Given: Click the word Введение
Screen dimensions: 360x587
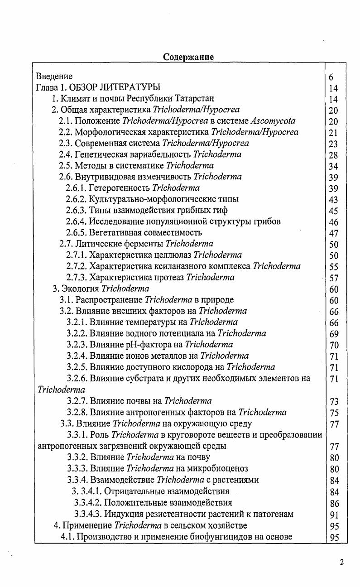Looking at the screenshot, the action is (x=54, y=76).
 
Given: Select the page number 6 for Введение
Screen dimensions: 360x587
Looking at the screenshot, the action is (x=331, y=77).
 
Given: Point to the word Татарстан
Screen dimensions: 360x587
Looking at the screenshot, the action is (x=196, y=98).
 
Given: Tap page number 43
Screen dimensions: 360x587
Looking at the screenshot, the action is (x=334, y=200).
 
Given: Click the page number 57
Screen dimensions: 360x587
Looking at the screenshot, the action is (x=334, y=278).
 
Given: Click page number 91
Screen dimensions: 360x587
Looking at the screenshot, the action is (x=334, y=515).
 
